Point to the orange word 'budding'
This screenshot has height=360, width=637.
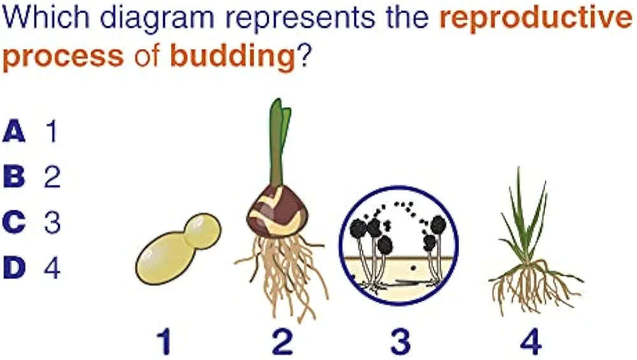(x=233, y=57)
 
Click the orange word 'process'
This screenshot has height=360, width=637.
(x=63, y=57)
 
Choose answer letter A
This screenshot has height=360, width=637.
(x=14, y=131)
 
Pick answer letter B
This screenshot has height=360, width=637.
(x=14, y=176)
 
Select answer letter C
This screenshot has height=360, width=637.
(x=14, y=222)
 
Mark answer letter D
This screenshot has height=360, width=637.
(x=14, y=268)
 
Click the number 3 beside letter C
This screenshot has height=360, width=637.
(x=52, y=222)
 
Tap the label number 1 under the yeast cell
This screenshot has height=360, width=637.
(x=164, y=342)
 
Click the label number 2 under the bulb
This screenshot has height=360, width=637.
(x=283, y=342)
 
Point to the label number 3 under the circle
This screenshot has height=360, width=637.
(x=400, y=342)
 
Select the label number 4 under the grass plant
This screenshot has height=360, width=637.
(x=531, y=342)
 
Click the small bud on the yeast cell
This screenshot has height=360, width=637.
(x=203, y=231)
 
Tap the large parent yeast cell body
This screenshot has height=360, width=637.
(x=163, y=258)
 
